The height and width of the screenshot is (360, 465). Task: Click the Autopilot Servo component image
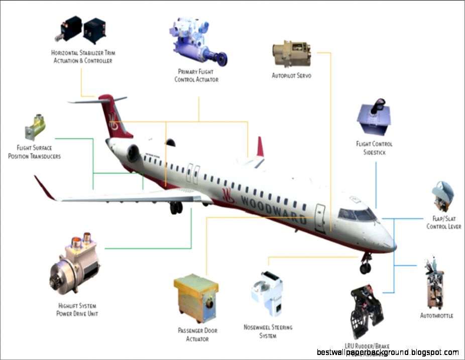click(x=291, y=55)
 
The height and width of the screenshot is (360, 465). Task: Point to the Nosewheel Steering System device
click(x=267, y=294)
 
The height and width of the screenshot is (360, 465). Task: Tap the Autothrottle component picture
click(x=434, y=284)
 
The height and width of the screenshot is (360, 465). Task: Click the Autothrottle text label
click(x=436, y=316)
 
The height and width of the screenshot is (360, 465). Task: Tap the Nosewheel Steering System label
click(x=268, y=331)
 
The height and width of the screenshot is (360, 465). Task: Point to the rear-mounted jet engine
click(x=132, y=153)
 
